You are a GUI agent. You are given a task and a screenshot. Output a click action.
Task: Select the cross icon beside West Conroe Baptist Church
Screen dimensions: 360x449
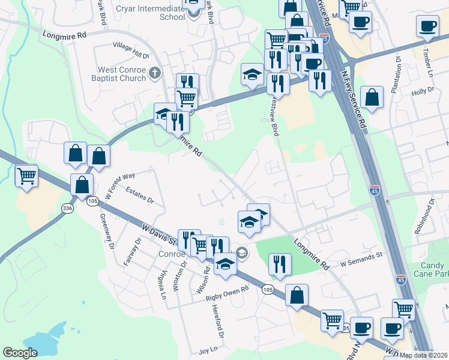coord(155,74)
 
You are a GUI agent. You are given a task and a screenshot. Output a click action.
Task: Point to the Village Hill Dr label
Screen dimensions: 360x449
coord(131,50)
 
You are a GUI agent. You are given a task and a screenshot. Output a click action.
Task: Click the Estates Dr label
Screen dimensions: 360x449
coord(140,196)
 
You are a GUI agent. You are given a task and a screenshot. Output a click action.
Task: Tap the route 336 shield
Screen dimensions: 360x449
coord(67,208)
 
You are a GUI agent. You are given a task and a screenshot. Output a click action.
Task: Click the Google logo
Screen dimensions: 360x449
coord(20,353)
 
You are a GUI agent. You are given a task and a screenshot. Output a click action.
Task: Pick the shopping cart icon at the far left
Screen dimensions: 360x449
coord(26,176)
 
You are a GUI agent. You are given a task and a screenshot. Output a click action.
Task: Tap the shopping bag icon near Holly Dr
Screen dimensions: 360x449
coord(372,98)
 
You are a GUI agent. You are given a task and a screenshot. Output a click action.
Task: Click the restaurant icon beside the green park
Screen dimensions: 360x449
coord(280,264)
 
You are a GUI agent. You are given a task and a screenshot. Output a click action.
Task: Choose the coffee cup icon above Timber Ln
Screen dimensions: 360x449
coord(428,26)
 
